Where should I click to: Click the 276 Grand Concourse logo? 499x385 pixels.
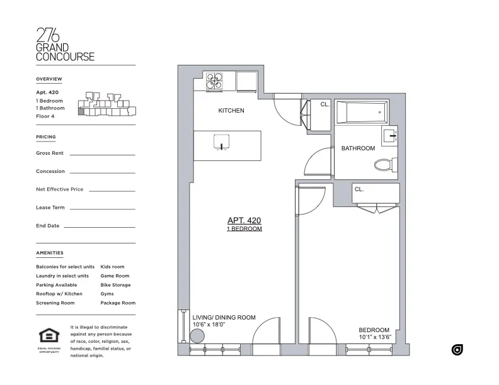(x=65, y=44)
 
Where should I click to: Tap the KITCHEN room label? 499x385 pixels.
(x=231, y=111)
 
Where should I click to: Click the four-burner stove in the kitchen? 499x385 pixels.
(x=214, y=82)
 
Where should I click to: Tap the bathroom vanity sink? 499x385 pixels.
(x=390, y=134)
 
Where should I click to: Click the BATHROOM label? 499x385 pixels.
(x=358, y=148)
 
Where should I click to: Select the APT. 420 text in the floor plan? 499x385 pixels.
(x=244, y=221)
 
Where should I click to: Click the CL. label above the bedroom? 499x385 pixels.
(x=359, y=189)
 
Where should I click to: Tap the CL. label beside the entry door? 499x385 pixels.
(x=324, y=104)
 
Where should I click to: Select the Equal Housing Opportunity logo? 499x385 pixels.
(x=49, y=339)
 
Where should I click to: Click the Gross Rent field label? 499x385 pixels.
(x=50, y=153)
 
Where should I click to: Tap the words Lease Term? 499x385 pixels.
(x=50, y=208)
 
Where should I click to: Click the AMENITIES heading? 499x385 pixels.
(x=50, y=253)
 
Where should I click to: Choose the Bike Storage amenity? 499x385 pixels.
(x=115, y=285)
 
